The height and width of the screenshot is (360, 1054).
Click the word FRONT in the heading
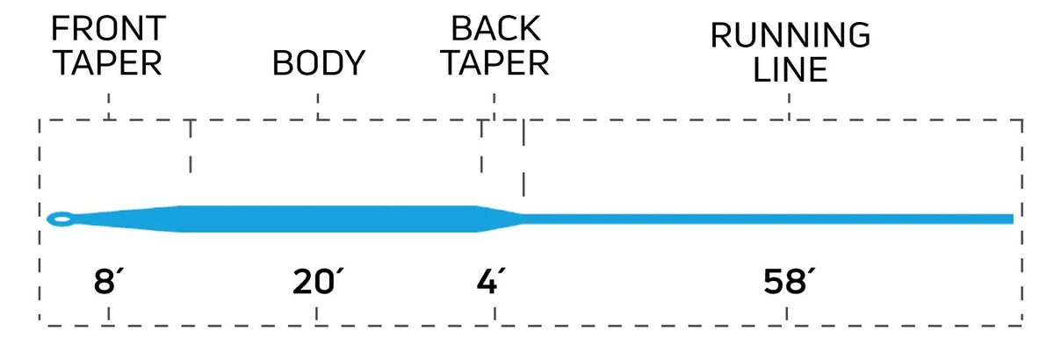[108, 28]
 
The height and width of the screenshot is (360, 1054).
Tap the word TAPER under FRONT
[109, 63]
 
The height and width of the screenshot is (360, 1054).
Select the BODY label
[319, 62]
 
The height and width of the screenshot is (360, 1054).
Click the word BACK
[495, 28]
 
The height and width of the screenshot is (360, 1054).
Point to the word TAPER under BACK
[496, 63]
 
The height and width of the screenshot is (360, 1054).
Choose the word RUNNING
[790, 35]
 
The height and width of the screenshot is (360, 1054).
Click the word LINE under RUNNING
[790, 69]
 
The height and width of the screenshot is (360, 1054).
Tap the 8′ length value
[108, 281]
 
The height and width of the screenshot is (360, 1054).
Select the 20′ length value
[318, 281]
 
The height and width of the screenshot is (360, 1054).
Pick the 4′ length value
[491, 281]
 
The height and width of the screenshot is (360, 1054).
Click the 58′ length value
[789, 281]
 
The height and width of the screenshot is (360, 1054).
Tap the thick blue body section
[329, 219]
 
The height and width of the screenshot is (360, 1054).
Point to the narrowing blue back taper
[501, 219]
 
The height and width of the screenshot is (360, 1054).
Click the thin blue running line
[768, 219]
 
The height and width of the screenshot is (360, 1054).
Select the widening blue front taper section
[128, 219]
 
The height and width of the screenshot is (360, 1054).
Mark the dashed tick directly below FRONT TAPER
[109, 106]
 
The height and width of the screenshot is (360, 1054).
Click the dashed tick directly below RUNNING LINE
[789, 106]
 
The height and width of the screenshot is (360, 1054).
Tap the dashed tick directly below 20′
[316, 315]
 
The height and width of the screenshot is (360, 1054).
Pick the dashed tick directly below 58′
[787, 315]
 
